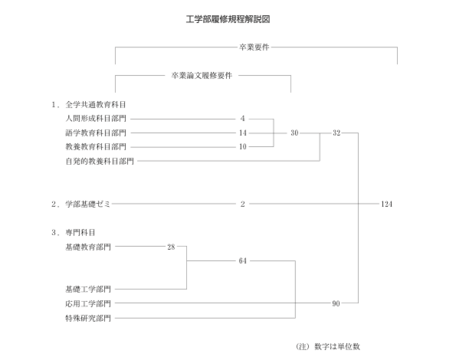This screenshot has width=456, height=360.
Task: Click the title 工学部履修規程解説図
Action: coord(228,19)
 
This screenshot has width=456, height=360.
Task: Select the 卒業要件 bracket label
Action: coord(254,47)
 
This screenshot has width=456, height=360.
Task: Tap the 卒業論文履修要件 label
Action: coord(202,76)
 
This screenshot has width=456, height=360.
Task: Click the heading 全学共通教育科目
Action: coord(96,105)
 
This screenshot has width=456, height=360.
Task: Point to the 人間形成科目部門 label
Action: coord(96,119)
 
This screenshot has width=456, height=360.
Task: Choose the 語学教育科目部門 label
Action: coord(96,133)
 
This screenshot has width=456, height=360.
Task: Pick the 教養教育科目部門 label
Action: coord(96,147)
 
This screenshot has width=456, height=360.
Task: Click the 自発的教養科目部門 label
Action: coord(100,161)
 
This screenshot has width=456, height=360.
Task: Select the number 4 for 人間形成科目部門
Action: coord(242,119)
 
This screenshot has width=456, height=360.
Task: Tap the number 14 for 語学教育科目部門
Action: coord(243,133)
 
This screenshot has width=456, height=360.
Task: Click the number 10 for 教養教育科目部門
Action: coord(243,147)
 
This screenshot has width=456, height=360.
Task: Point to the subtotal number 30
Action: coord(294,133)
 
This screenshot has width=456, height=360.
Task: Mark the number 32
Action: coord(336,133)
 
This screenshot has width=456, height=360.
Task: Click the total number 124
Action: coord(386,204)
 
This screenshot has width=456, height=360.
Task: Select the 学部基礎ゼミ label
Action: coord(88,204)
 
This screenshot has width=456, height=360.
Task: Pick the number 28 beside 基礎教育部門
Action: coord(171,247)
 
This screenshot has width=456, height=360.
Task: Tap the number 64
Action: coord(243,260)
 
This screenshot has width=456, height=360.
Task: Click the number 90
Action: coord(336,303)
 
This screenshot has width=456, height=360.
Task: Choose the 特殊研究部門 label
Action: coord(88,318)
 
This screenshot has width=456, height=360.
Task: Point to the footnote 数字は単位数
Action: coord(337,346)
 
